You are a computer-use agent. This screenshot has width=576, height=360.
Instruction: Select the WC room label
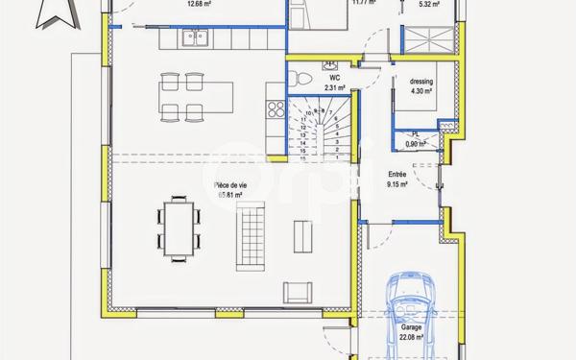click(x=334, y=77)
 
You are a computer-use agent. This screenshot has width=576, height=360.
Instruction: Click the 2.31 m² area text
click(x=334, y=87)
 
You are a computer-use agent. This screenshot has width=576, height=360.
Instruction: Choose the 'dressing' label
click(x=421, y=83)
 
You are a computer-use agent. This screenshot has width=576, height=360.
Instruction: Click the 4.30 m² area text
click(x=421, y=92)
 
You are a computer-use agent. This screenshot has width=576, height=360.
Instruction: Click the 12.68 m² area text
click(x=199, y=4)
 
